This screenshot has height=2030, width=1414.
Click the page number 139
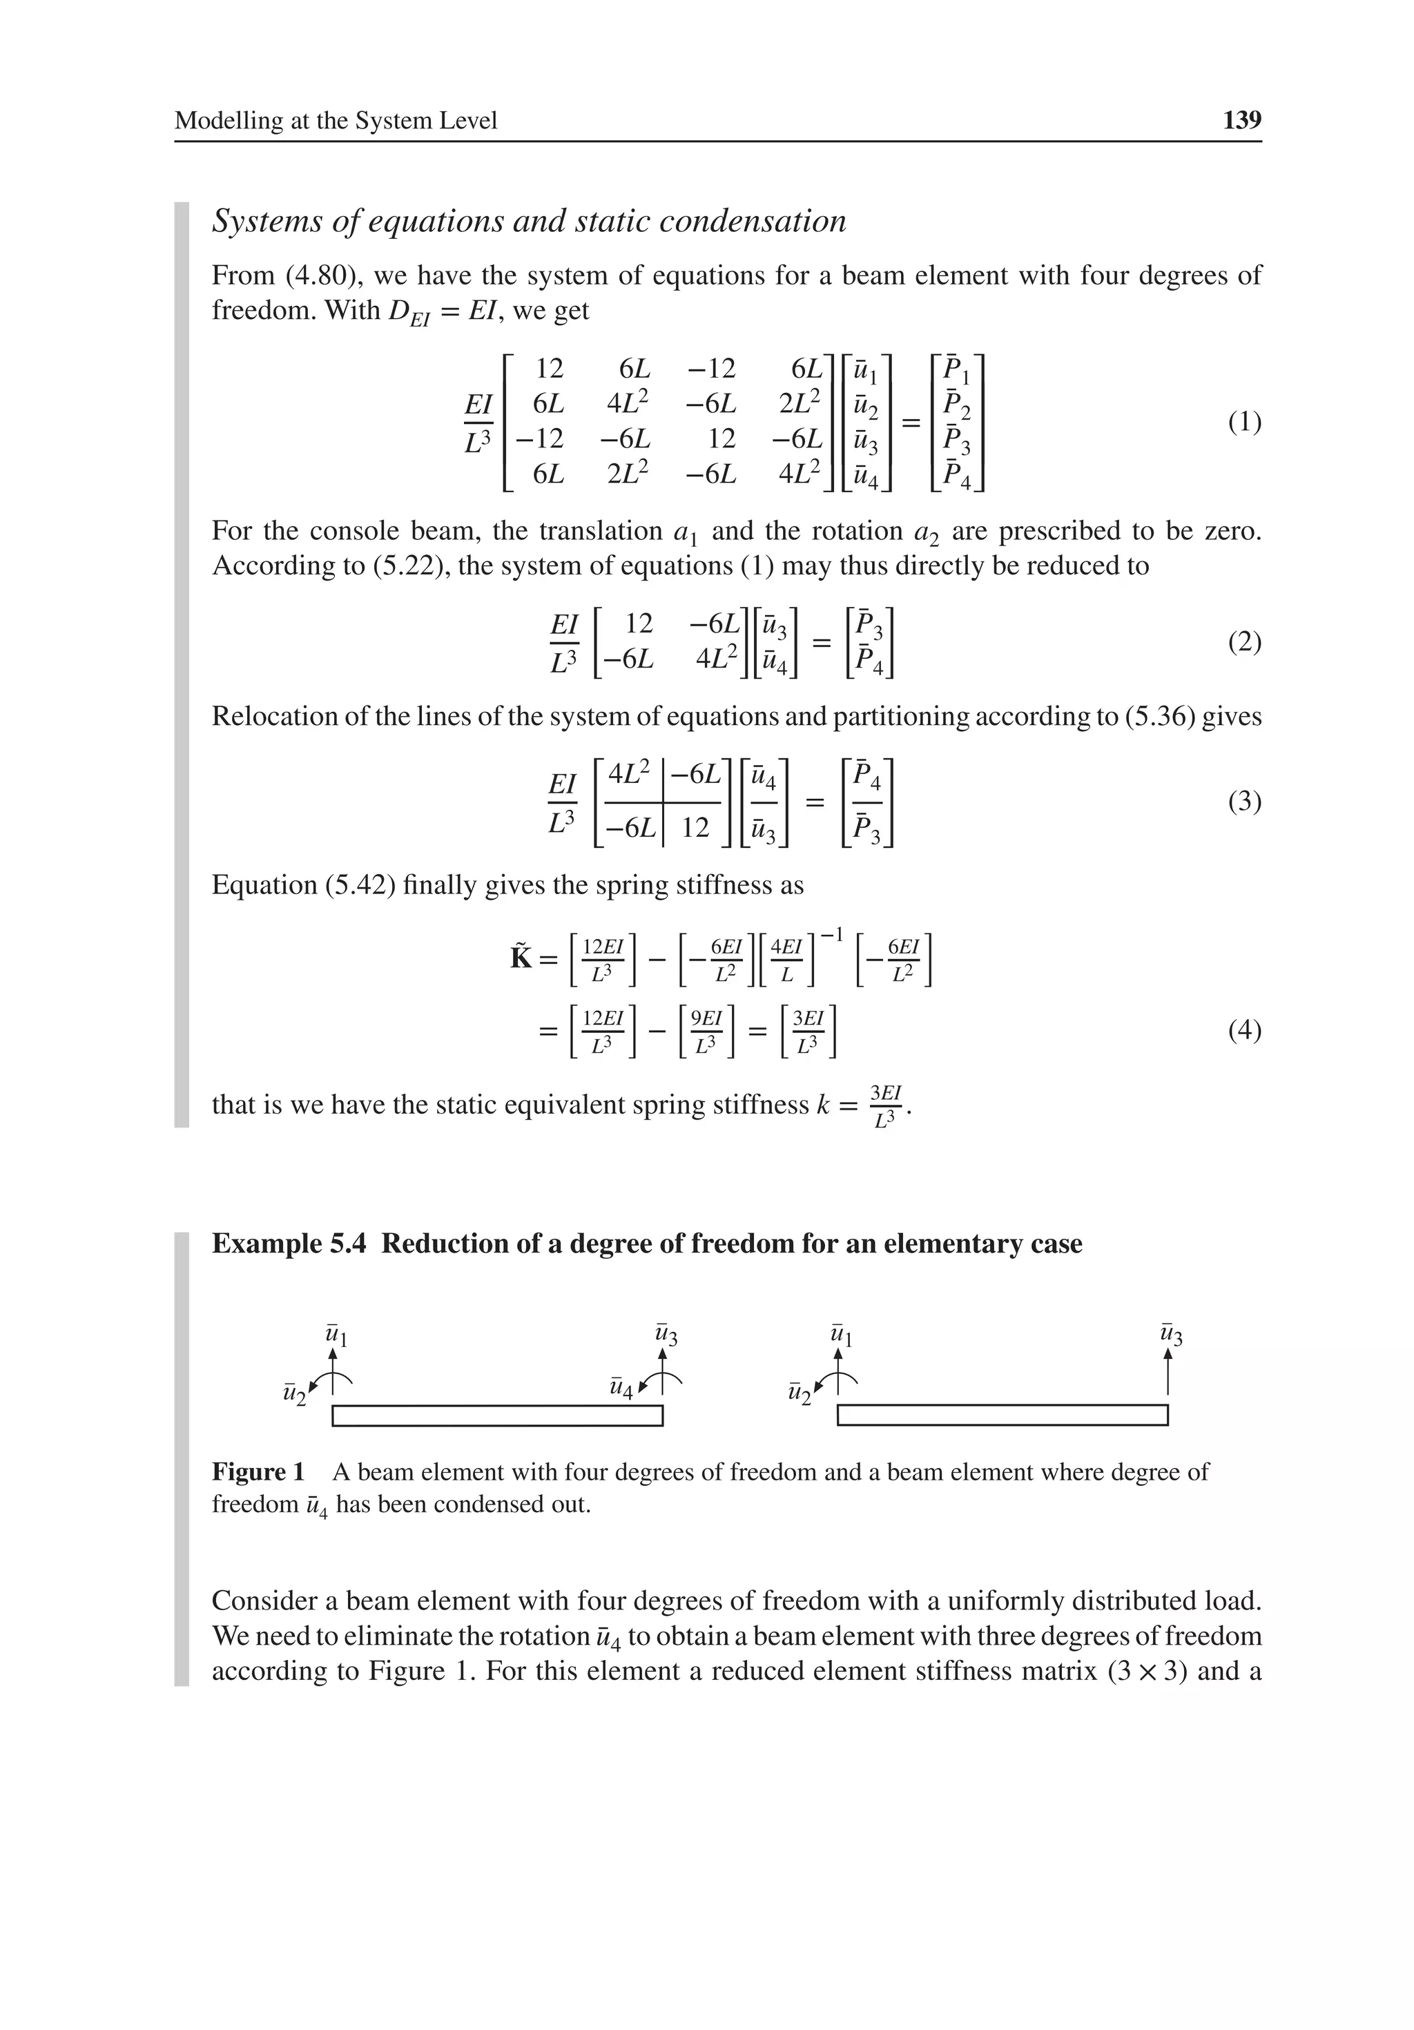1241,120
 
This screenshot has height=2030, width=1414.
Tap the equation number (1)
1244,423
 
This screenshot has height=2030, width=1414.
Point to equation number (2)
1244,642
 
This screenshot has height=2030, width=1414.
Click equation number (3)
1244,802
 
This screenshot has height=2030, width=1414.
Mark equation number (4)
1244,1031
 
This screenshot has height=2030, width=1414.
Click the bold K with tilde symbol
522,958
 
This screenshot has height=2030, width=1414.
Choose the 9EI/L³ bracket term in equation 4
706,1031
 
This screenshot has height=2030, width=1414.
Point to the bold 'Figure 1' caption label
258,1472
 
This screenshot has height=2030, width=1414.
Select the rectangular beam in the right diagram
1002,1415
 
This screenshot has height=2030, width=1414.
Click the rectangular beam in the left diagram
497,1415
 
